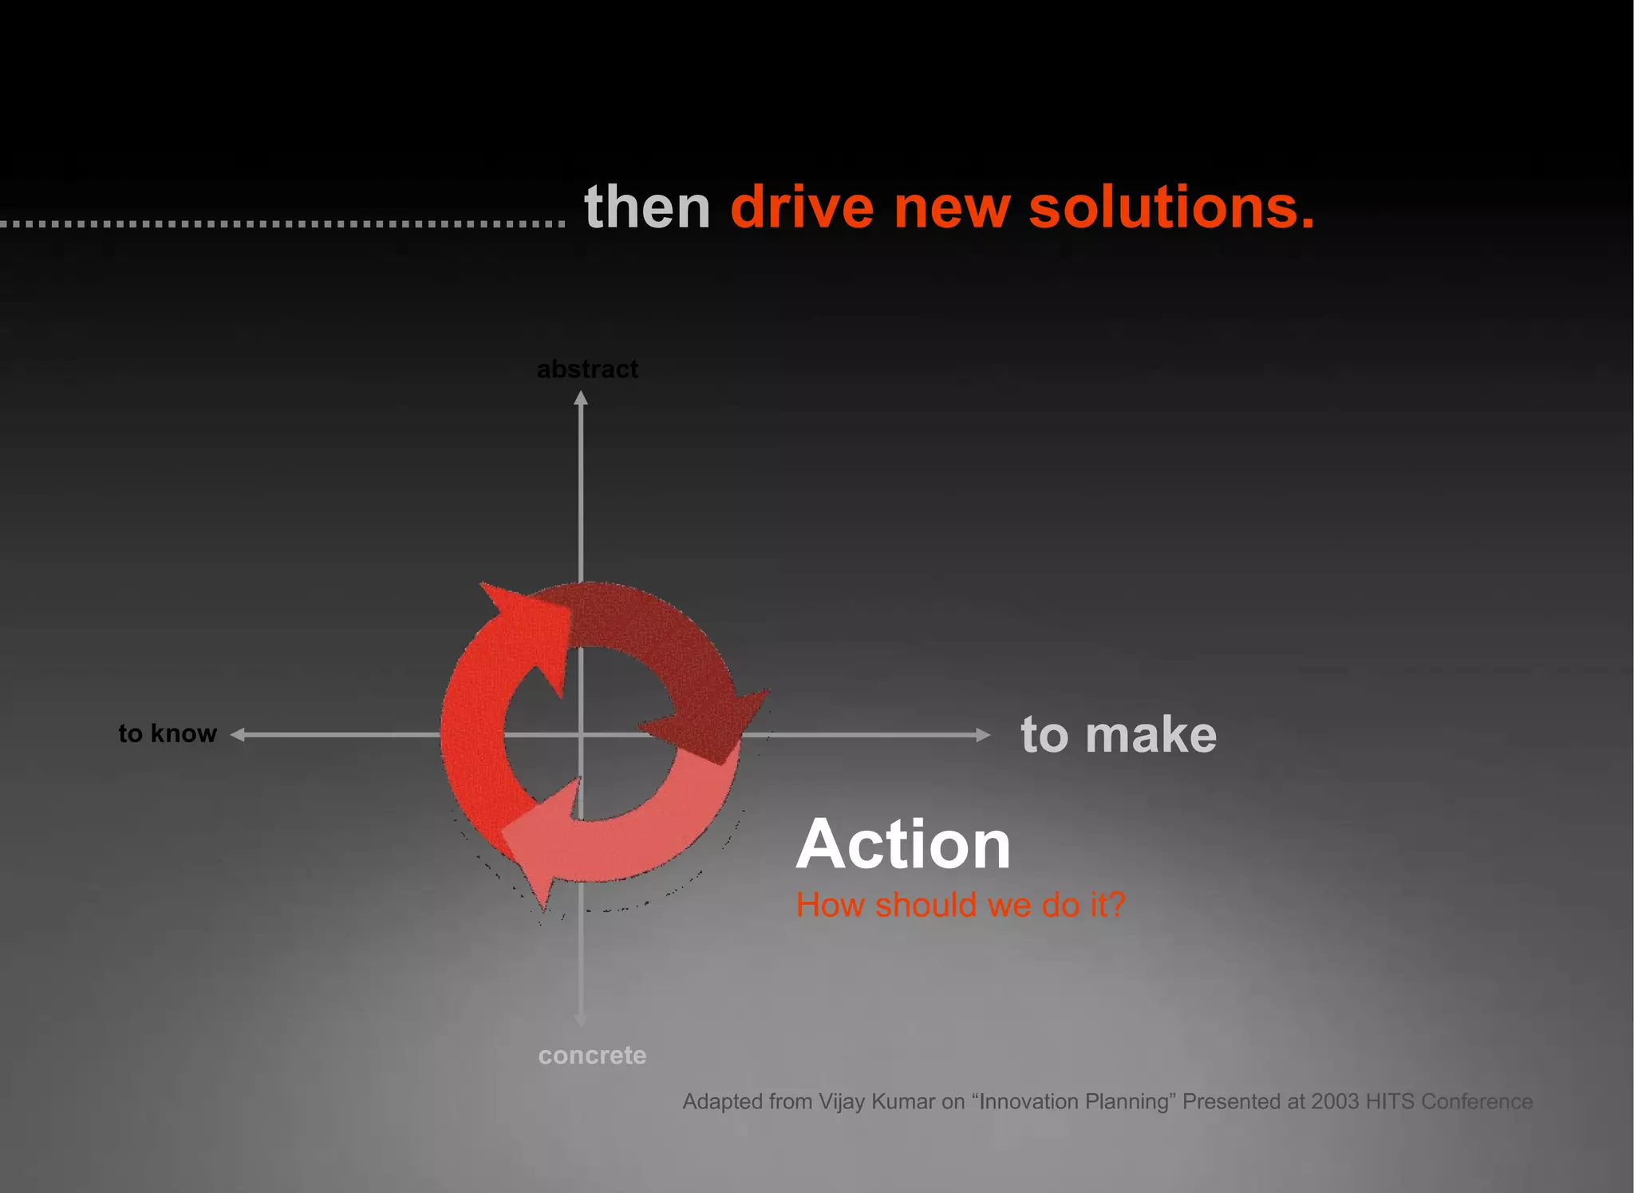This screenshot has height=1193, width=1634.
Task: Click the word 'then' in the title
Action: [647, 207]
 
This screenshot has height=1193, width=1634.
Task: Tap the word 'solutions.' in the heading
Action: [1171, 207]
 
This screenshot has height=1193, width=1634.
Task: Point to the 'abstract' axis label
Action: [587, 369]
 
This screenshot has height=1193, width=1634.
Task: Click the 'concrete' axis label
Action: [592, 1055]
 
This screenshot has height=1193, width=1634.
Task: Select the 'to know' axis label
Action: [168, 733]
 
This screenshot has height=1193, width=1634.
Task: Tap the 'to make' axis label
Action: [1119, 734]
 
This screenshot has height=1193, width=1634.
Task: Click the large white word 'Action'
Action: [903, 844]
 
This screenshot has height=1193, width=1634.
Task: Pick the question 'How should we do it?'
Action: [961, 905]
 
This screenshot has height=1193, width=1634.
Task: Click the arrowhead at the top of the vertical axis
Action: [581, 398]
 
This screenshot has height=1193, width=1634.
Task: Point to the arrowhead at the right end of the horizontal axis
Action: [983, 735]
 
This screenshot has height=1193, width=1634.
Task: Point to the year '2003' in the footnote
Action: [1335, 1102]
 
